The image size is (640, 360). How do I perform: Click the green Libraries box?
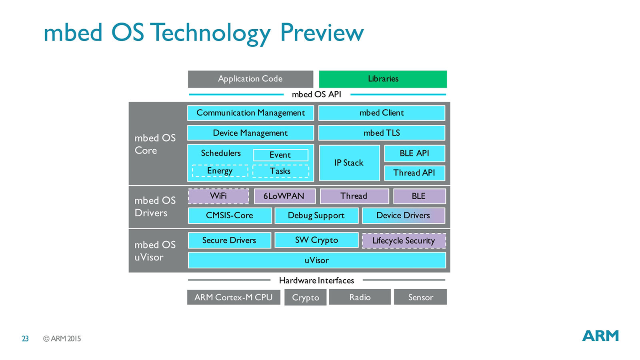click(x=383, y=79)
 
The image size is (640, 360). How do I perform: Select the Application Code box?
click(x=250, y=79)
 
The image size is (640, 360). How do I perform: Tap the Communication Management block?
click(x=250, y=113)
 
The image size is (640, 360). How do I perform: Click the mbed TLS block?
click(x=382, y=133)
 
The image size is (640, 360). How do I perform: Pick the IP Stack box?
click(x=349, y=163)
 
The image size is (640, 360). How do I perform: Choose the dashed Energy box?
click(x=220, y=171)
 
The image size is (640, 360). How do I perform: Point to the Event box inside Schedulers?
click(x=280, y=155)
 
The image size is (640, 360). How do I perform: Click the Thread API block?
click(x=414, y=173)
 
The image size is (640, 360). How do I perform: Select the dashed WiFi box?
click(x=218, y=196)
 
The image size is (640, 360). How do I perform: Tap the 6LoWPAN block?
click(x=284, y=196)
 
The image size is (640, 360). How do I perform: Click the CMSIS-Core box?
click(x=230, y=216)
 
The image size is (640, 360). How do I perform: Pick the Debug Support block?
click(x=316, y=216)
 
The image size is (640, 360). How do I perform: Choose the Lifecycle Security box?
click(x=404, y=241)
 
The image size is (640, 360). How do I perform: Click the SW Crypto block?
click(x=316, y=240)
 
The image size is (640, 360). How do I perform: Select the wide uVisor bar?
click(x=316, y=260)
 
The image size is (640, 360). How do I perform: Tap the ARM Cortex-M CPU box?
click(x=234, y=297)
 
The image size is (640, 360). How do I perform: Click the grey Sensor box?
click(x=420, y=297)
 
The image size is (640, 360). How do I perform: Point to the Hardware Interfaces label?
click(x=316, y=280)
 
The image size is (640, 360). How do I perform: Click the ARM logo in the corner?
click(x=600, y=336)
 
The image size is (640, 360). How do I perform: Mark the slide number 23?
click(x=25, y=339)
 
